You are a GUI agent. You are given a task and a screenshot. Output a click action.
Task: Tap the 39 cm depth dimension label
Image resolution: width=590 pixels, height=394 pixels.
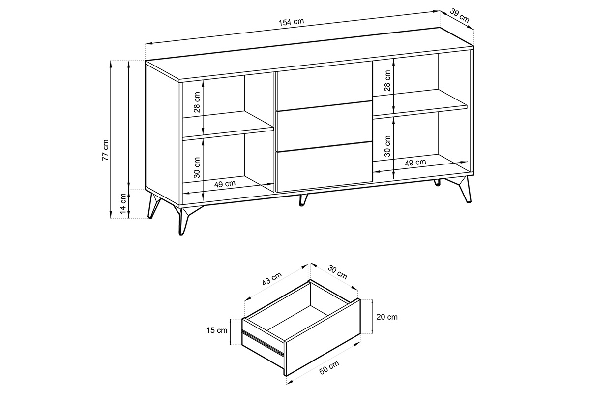(x=459, y=16)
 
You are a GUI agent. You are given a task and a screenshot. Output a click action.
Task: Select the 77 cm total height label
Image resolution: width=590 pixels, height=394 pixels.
(x=105, y=150)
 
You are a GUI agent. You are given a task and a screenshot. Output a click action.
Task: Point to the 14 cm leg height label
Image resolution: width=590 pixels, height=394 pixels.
(x=123, y=203)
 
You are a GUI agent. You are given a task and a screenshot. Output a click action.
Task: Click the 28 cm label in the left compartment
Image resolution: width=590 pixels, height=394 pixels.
(x=197, y=102)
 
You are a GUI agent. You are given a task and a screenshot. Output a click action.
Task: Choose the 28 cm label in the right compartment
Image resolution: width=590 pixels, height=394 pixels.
(x=387, y=81)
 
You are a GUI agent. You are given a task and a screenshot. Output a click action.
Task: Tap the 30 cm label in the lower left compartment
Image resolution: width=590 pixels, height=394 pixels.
(x=197, y=167)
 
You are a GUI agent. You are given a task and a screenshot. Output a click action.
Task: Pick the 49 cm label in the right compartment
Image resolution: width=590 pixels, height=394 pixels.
(x=415, y=163)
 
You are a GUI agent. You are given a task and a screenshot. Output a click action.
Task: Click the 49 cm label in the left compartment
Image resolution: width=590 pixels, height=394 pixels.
(x=225, y=184)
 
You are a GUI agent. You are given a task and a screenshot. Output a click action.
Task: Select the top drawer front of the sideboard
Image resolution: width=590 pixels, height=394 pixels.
(x=324, y=86)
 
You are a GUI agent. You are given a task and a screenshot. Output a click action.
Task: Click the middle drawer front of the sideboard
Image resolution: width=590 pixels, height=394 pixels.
(x=324, y=126)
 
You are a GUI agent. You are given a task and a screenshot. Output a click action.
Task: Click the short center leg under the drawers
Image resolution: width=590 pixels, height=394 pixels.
(x=303, y=200)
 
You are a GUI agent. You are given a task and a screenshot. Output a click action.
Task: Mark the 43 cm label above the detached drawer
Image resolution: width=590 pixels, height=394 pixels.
(x=272, y=279)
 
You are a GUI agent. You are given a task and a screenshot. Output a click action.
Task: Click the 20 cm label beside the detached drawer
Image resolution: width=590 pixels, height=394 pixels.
(x=386, y=317)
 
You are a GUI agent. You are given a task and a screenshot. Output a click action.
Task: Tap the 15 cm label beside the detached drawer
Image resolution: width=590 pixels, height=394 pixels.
(x=217, y=330)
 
